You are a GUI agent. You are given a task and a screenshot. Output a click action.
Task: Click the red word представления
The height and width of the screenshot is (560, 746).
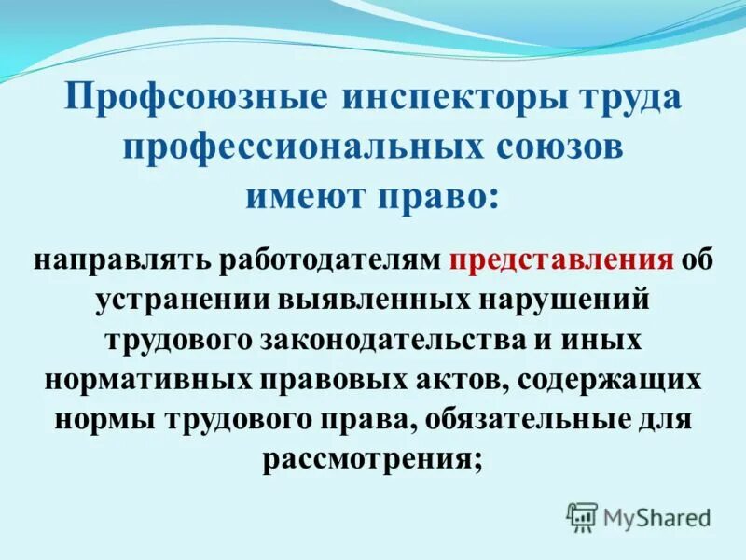[x=561, y=259]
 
